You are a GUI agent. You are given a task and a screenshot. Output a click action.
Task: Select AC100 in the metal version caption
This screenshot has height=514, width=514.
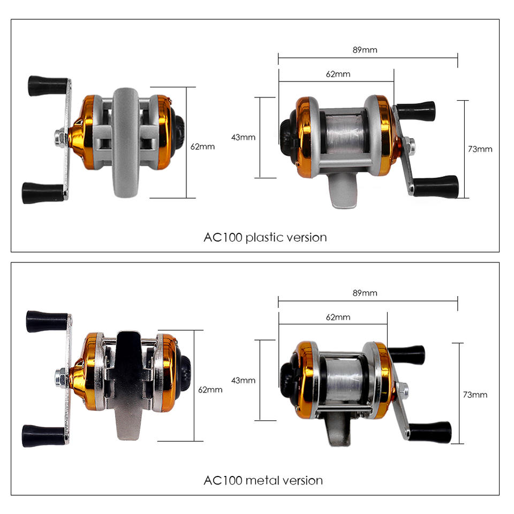223,481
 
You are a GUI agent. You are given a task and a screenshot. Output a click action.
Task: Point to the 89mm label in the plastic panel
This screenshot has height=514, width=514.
365,50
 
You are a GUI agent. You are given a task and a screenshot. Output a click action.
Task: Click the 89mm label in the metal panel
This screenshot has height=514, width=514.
365,293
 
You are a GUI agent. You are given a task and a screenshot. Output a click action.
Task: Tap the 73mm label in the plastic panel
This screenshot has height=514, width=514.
480,149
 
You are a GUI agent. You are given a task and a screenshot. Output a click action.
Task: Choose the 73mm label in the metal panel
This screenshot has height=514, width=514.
475,395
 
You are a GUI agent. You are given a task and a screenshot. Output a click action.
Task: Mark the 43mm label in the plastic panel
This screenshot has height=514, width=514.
243,138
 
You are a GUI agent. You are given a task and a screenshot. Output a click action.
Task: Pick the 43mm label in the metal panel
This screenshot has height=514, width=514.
243,381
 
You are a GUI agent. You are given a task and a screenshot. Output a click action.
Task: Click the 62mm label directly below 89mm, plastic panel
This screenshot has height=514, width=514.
338,74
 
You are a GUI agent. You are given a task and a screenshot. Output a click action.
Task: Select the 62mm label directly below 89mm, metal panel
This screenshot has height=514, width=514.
338,318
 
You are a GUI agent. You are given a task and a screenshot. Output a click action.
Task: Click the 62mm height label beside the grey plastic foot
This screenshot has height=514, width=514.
202,147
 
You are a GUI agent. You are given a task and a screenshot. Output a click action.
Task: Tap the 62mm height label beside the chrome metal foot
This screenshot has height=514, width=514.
210,390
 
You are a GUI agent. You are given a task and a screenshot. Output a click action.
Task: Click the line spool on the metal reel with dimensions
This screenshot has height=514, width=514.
344,379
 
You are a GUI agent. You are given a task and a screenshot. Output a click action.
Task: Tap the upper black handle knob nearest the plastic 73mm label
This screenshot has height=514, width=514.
416,111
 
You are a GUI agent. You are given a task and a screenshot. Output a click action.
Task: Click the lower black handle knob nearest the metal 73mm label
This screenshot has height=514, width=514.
430,432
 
